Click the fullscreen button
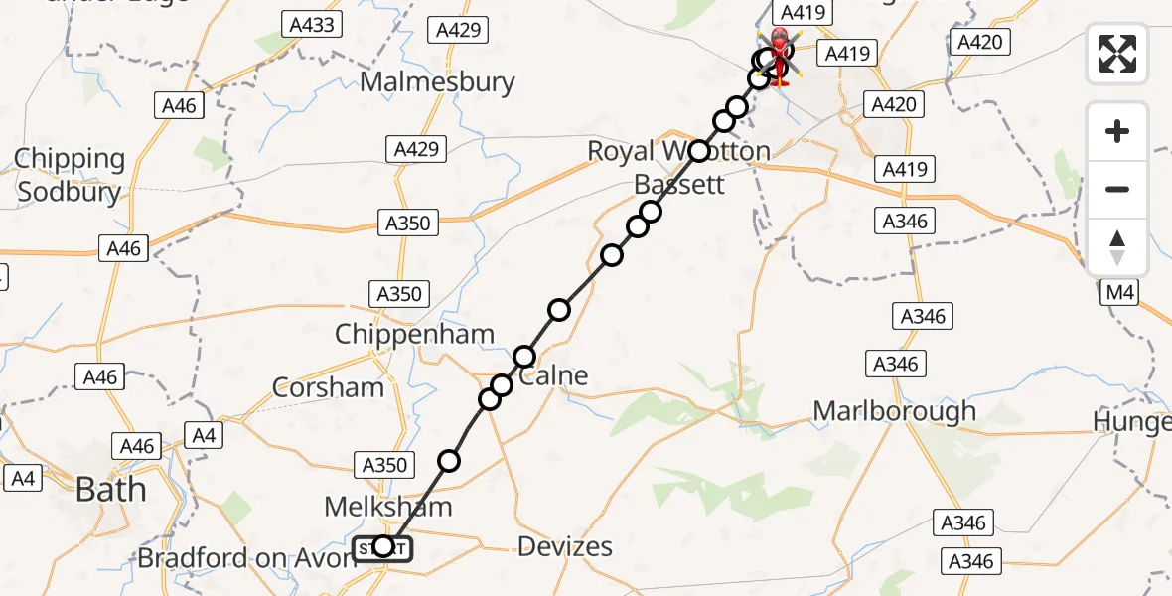(1117, 54)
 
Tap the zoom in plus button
(1117, 132)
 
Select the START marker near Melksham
(382, 546)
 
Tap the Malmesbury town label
(437, 81)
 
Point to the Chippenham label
(414, 334)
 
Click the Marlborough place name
(894, 411)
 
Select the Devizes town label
(565, 546)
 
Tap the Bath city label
(110, 490)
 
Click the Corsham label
(328, 386)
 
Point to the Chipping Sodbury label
(69, 175)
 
